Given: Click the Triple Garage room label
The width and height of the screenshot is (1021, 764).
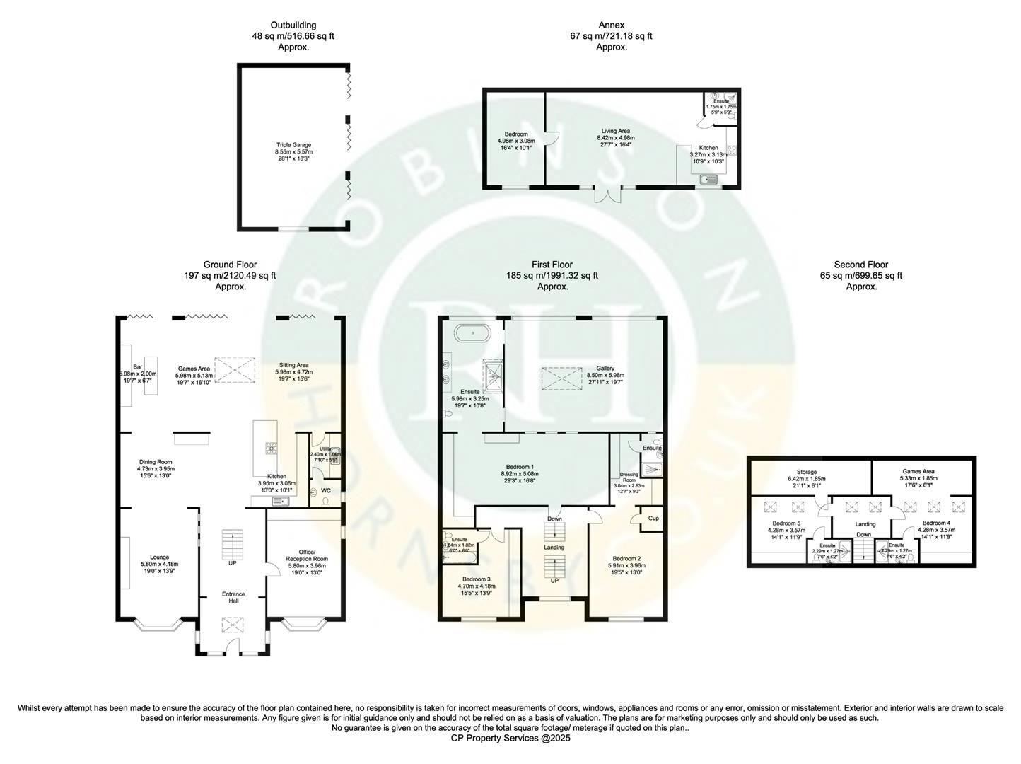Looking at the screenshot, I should pyautogui.click(x=293, y=145).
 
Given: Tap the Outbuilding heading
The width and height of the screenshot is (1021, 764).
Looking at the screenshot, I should pyautogui.click(x=293, y=25).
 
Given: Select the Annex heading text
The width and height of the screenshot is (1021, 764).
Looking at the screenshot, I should pyautogui.click(x=612, y=25).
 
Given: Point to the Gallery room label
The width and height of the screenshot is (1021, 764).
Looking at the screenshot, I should pyautogui.click(x=605, y=369).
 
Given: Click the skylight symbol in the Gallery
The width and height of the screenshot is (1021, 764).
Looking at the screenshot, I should pyautogui.click(x=562, y=379).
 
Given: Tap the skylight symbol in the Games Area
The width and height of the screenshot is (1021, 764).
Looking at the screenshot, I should pyautogui.click(x=234, y=369).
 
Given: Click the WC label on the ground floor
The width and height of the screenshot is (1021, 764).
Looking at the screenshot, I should pyautogui.click(x=326, y=490).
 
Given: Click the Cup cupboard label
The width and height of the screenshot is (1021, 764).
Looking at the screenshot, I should pyautogui.click(x=653, y=519).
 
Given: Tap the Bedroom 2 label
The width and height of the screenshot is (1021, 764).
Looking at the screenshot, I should pyautogui.click(x=626, y=558).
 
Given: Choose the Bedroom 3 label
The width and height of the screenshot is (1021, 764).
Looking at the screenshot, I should pyautogui.click(x=474, y=579).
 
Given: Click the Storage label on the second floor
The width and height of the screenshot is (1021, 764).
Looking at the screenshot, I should pyautogui.click(x=807, y=472).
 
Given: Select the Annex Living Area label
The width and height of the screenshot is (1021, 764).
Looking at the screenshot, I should pyautogui.click(x=615, y=131).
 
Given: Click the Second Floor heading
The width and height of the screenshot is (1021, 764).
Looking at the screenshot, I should pyautogui.click(x=861, y=265).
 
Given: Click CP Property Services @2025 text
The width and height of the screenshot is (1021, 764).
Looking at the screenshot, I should pyautogui.click(x=510, y=738).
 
